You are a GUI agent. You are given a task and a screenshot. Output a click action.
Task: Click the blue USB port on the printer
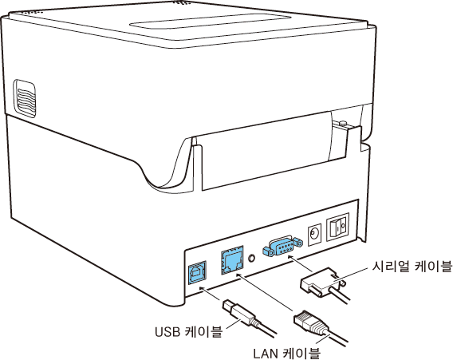point(197,273)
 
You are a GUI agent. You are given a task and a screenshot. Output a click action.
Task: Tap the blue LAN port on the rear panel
point(232,260)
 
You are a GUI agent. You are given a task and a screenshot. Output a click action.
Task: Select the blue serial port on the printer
point(283,247)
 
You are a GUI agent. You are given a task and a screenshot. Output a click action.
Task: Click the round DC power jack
point(314,234)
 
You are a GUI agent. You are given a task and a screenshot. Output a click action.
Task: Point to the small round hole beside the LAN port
point(252,257)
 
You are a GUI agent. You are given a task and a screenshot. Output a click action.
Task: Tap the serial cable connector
point(321,283)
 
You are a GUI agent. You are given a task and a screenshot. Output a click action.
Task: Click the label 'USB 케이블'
point(189,332)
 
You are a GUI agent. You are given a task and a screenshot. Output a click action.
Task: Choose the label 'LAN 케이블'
point(287,353)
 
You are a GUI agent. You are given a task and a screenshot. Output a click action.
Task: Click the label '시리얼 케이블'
point(412,267)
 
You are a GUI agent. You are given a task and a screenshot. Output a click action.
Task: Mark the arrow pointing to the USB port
point(211,294)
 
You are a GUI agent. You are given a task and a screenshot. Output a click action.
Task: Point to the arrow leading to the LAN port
point(266,292)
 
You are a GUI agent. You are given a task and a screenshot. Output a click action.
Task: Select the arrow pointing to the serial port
point(301,263)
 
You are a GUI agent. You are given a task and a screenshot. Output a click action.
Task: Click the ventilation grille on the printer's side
point(25,99)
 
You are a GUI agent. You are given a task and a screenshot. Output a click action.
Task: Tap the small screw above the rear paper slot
point(343,124)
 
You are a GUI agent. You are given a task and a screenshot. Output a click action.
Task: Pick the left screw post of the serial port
point(267,251)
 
